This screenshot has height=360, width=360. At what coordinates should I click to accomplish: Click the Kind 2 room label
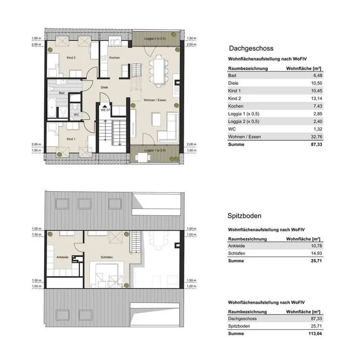[71, 58]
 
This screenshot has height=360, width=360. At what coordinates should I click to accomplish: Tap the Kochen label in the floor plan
[115, 58]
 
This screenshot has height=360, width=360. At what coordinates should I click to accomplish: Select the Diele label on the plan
[104, 87]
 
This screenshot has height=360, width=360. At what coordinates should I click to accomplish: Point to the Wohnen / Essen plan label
[155, 100]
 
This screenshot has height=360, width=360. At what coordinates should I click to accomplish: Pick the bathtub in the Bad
[52, 107]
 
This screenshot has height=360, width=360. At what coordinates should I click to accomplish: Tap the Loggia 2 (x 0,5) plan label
[155, 38]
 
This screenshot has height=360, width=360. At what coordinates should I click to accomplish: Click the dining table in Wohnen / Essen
[159, 71]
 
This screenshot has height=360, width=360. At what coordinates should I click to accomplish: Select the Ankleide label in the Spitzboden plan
[62, 257]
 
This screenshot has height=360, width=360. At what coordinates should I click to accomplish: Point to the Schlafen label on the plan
[107, 257]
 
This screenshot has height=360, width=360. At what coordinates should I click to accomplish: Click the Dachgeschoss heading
[251, 48]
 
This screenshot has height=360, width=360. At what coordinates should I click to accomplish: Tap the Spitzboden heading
[244, 216]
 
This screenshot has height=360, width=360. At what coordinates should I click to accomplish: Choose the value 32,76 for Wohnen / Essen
[316, 137]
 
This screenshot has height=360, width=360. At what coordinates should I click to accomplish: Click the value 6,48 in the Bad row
[318, 75]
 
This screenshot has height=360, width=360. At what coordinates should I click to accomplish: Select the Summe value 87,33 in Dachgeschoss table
[316, 144]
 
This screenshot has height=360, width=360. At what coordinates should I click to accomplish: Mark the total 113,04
[315, 334]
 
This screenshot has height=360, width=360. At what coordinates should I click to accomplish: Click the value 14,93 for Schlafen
[316, 253]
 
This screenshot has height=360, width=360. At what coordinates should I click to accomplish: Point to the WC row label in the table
[232, 129]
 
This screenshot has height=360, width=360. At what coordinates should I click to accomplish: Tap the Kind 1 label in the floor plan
[71, 139]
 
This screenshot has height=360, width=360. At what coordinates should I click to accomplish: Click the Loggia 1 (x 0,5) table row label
[244, 114]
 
